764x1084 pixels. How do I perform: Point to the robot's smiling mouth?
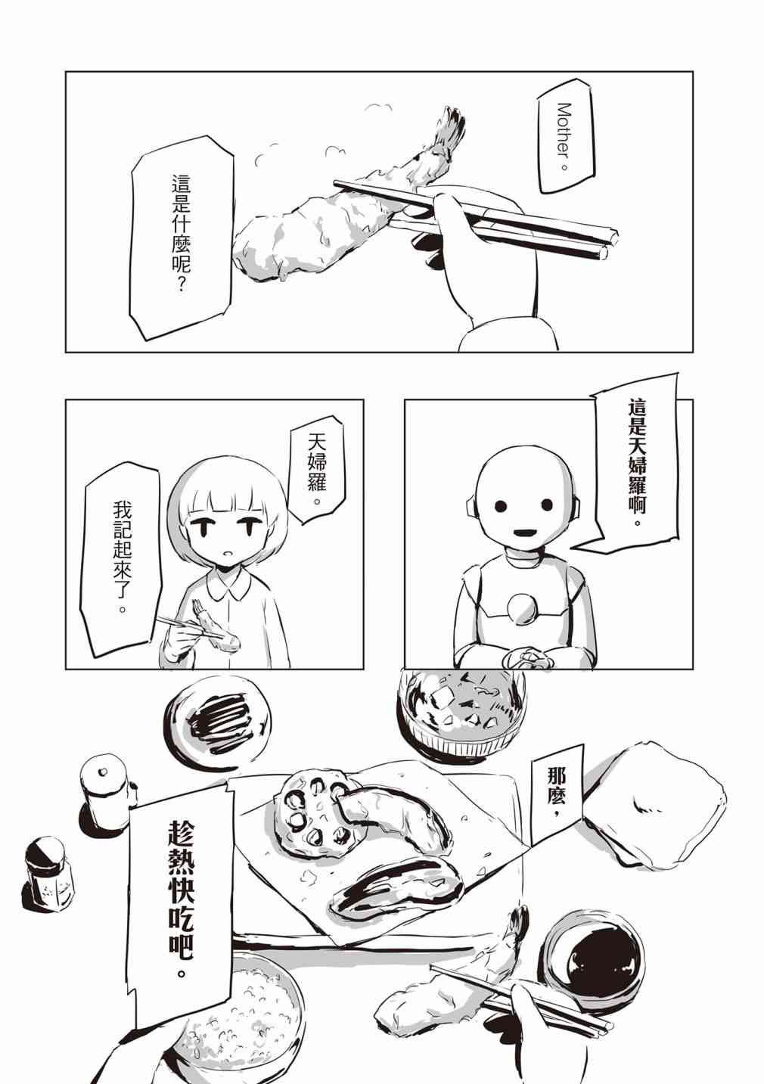coord(524,534)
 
